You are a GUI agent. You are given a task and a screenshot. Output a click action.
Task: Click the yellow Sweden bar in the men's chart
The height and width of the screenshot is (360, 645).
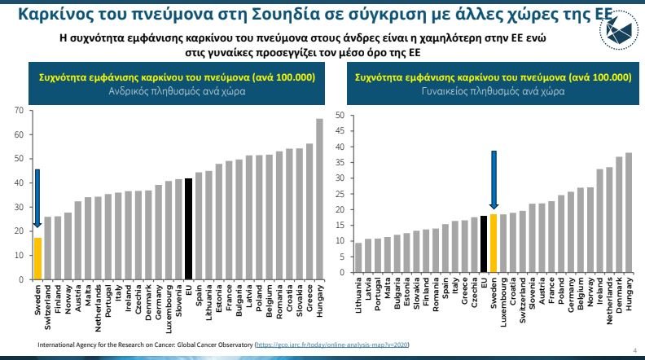click(x=37, y=258)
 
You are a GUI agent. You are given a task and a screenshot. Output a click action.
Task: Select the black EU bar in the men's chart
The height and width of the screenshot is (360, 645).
click(x=188, y=229)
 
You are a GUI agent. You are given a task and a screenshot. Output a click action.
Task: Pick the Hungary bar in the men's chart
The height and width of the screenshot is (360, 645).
click(x=319, y=200)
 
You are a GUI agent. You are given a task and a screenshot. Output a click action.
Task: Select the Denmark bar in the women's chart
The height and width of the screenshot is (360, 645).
click(x=619, y=216)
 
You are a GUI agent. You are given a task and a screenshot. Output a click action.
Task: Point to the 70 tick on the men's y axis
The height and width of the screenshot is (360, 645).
click(x=19, y=110)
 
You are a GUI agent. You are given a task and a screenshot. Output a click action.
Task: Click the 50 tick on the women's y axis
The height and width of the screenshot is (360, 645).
click(x=340, y=115)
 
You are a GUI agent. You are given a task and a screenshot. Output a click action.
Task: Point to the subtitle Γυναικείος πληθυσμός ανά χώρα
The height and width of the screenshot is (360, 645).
click(x=494, y=91)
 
